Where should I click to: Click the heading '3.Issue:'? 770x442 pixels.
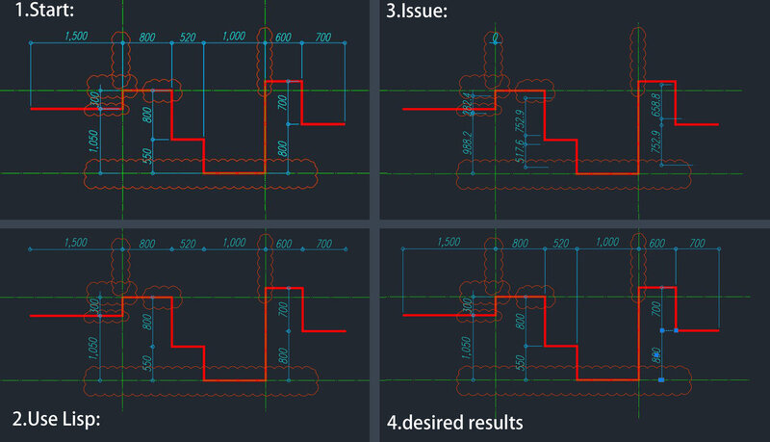(419, 13)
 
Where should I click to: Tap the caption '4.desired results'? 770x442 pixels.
(454, 421)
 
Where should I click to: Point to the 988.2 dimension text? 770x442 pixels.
(466, 142)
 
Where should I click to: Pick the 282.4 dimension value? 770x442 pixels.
(466, 100)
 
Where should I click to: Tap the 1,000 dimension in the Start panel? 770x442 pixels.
(233, 37)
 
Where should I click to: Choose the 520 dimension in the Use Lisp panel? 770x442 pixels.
(188, 244)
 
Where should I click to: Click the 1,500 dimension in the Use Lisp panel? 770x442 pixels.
(79, 244)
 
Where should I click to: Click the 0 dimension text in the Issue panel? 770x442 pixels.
(495, 39)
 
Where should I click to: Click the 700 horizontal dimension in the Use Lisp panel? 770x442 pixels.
(323, 244)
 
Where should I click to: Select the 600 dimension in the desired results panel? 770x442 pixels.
(654, 244)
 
